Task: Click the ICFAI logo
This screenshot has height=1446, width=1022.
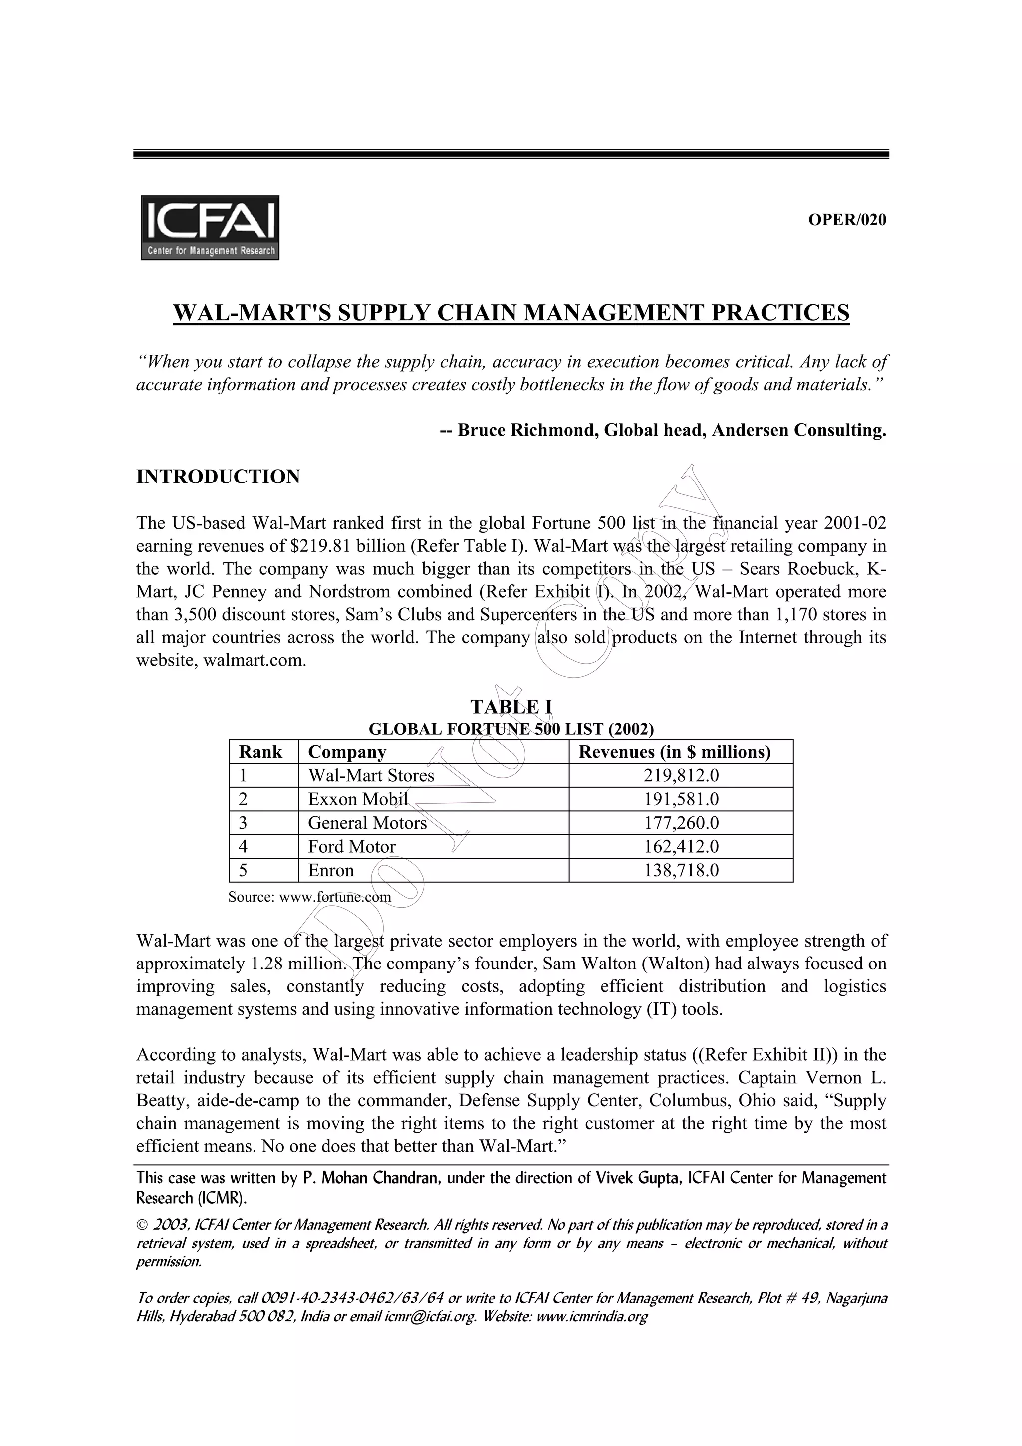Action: click(x=210, y=228)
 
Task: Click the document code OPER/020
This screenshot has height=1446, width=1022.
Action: click(x=846, y=220)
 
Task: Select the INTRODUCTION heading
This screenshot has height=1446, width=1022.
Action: click(x=218, y=477)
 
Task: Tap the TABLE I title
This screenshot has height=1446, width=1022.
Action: click(x=511, y=707)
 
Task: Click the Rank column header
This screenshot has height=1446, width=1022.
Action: click(x=260, y=752)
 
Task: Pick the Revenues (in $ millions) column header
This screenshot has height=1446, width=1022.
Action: click(x=674, y=752)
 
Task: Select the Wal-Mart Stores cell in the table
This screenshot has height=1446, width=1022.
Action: click(x=371, y=776)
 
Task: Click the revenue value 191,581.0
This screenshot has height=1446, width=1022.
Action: click(x=681, y=800)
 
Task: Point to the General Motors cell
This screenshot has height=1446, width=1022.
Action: click(x=367, y=823)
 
